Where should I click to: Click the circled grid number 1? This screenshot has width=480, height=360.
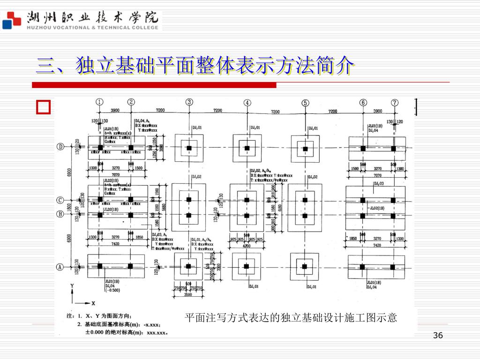[x=100, y=102]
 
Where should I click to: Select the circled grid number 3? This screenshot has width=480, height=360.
[x=189, y=102]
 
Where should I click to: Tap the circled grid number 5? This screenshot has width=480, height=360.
[x=305, y=103]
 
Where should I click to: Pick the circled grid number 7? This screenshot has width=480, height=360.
[x=395, y=103]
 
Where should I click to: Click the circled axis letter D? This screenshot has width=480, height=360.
[x=60, y=147]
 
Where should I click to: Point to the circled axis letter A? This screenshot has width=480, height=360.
[x=60, y=267]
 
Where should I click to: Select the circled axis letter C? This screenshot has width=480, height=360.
[x=60, y=200]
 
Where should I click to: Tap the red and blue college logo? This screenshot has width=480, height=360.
[x=11, y=21]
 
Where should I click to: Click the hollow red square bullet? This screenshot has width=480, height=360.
[x=43, y=107]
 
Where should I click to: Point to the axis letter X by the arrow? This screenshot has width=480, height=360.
[x=93, y=303]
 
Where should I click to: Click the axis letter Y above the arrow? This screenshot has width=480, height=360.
[x=72, y=285]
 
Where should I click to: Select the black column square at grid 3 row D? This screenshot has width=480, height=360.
[x=189, y=148]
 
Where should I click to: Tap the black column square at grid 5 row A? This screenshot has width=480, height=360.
[x=305, y=267]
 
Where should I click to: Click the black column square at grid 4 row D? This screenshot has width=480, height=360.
[x=247, y=148]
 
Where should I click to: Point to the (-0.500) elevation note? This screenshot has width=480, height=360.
[x=112, y=290]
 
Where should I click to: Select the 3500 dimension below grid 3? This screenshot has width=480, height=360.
[x=188, y=295]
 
